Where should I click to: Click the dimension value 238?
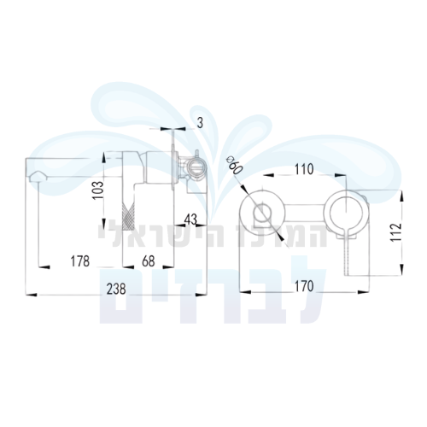(116, 290)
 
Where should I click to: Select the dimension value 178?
(80, 261)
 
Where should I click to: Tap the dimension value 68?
(149, 261)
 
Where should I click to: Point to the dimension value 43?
(190, 219)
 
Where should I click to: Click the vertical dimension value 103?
(99, 190)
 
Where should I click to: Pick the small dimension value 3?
(201, 123)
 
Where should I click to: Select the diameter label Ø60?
(234, 166)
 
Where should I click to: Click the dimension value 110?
(304, 169)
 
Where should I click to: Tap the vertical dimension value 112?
(395, 232)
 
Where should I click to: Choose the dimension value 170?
(304, 286)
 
